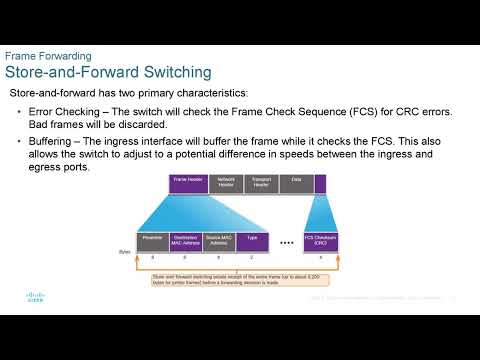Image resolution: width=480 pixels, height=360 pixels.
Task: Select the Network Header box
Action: click(x=226, y=183)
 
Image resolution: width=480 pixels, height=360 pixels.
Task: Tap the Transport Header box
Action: click(x=261, y=183)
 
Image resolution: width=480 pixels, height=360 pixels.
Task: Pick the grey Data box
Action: click(x=296, y=183)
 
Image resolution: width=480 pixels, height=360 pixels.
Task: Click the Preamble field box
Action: click(x=153, y=240)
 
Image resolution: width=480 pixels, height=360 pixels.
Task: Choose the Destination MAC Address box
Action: click(x=187, y=240)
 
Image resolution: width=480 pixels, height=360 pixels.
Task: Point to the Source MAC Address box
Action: click(x=220, y=240)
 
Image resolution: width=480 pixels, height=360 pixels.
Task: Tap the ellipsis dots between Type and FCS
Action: click(x=286, y=242)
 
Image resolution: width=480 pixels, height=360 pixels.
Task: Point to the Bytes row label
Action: click(x=125, y=252)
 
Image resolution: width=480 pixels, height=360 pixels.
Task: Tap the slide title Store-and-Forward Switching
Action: click(x=108, y=72)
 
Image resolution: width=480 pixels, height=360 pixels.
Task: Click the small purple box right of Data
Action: click(x=320, y=183)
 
